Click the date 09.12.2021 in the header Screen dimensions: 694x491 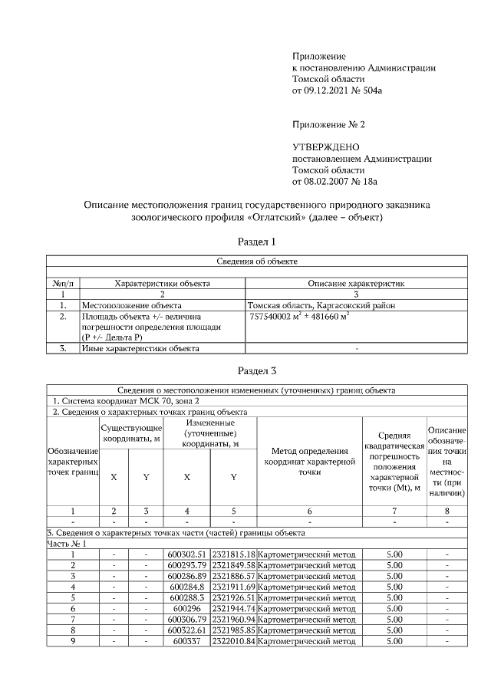pos(328,90)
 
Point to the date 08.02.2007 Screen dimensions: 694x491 pos(328,182)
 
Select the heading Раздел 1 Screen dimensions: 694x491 pos(256,242)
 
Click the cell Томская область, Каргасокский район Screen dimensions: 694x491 pos(322,304)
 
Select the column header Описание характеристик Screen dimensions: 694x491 pos(355,283)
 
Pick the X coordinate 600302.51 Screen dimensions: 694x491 pos(187,554)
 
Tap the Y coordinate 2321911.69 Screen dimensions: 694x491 pos(234,587)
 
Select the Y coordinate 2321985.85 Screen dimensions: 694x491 pos(234,630)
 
